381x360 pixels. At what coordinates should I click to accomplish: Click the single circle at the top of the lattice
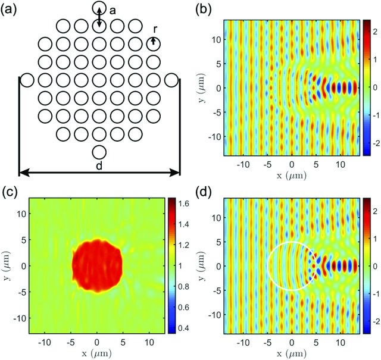click(x=99, y=8)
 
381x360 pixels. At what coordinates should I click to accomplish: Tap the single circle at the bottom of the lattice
click(x=99, y=152)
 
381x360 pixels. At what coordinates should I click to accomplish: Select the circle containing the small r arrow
click(x=154, y=43)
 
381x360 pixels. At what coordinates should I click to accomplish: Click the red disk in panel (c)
click(x=97, y=265)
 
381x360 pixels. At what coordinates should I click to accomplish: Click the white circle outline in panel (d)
click(x=269, y=266)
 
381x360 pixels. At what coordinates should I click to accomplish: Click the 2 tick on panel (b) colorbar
click(x=375, y=28)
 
